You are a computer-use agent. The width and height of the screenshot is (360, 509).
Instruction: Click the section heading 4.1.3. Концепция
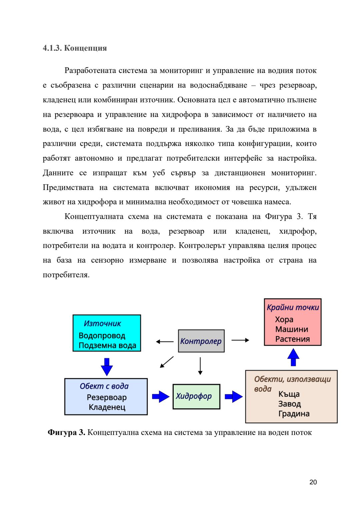[75, 48]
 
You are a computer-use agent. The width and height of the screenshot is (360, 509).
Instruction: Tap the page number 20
[313, 482]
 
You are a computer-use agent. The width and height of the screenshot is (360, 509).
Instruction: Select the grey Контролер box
[201, 341]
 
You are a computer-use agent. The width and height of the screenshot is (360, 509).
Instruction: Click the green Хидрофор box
[196, 396]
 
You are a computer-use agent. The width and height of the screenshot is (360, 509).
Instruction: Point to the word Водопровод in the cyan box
[102, 336]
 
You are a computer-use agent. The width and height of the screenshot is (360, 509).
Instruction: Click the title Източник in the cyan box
[102, 323]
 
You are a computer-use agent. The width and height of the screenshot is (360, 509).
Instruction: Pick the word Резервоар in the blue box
[107, 397]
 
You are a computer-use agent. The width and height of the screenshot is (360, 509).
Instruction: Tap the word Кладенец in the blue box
[107, 407]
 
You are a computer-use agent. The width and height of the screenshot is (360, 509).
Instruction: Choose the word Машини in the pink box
[292, 329]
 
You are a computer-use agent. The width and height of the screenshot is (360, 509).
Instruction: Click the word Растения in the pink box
[292, 339]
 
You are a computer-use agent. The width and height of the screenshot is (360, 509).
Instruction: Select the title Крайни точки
[293, 307]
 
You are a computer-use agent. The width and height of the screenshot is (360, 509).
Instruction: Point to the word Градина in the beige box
[294, 414]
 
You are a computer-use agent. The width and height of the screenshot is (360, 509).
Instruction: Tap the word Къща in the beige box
[289, 394]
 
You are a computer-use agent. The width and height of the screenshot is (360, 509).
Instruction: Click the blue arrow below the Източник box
[107, 367]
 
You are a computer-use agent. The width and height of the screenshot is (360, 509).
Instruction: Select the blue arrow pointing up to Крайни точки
[293, 357]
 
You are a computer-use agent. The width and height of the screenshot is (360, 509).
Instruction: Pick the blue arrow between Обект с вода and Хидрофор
[161, 396]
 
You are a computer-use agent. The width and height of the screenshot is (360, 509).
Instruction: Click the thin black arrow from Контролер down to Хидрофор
[200, 366]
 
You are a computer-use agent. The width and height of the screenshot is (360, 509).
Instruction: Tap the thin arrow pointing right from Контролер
[240, 340]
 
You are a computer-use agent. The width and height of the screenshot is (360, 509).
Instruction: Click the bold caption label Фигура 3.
[66, 433]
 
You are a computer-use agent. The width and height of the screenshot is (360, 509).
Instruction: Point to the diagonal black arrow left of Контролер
[167, 362]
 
